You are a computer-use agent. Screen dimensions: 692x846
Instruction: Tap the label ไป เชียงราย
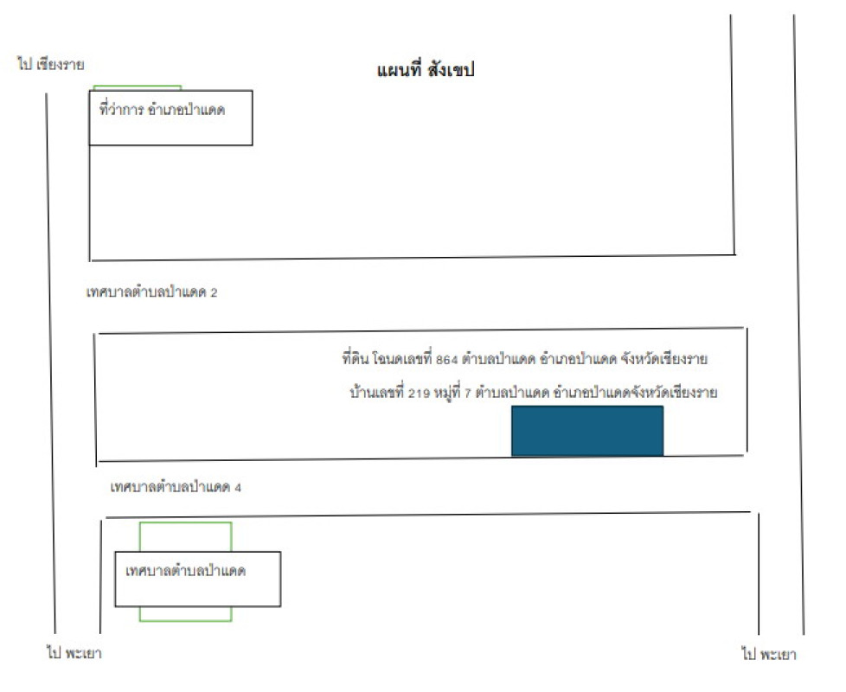tap(51, 64)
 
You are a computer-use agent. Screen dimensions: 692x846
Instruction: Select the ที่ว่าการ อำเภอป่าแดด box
tap(170, 118)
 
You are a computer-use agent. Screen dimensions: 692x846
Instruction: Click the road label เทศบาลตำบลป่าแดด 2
tap(152, 292)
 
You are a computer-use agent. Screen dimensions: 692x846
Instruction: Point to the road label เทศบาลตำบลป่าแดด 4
tap(176, 487)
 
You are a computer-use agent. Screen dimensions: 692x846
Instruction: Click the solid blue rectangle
tap(587, 431)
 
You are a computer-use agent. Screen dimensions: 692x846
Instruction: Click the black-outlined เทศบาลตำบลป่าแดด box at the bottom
tap(198, 579)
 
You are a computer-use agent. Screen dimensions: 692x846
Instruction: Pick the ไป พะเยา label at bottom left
tap(74, 653)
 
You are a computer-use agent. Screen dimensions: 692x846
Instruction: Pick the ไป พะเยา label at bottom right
tap(769, 655)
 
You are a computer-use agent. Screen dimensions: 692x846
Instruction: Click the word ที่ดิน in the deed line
tap(356, 358)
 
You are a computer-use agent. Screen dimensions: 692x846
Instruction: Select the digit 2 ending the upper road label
tap(214, 293)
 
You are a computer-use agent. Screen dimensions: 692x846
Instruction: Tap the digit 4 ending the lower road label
tap(237, 488)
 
